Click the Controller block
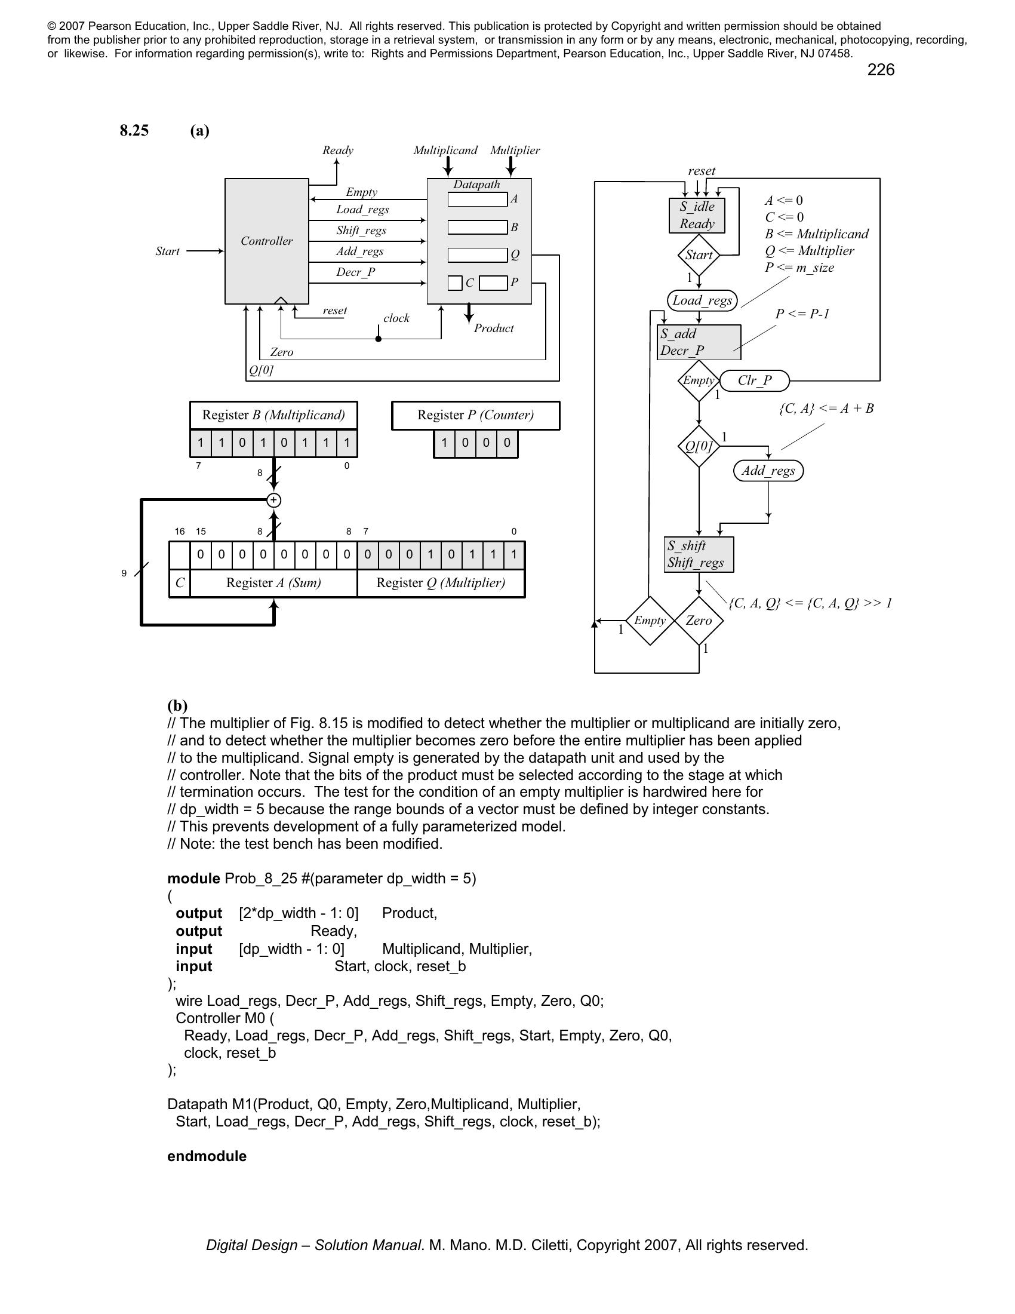click(x=266, y=241)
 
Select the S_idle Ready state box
click(x=697, y=216)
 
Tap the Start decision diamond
click(x=699, y=255)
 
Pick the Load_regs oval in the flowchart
click(x=702, y=300)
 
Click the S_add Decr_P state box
click(x=699, y=342)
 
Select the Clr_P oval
click(x=755, y=380)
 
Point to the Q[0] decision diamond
click(x=699, y=446)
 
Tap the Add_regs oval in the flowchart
click(x=768, y=471)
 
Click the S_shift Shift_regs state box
click(x=699, y=554)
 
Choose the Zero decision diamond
click(x=699, y=621)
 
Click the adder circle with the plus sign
click(x=273, y=500)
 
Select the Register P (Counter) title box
click(x=475, y=415)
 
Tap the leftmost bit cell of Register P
click(x=444, y=444)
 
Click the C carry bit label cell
click(x=180, y=582)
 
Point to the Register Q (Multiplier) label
click(x=441, y=582)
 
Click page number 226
click(x=880, y=70)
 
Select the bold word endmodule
click(x=207, y=1156)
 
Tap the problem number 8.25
click(x=134, y=131)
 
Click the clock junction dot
click(x=378, y=339)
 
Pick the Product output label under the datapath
click(x=494, y=328)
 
